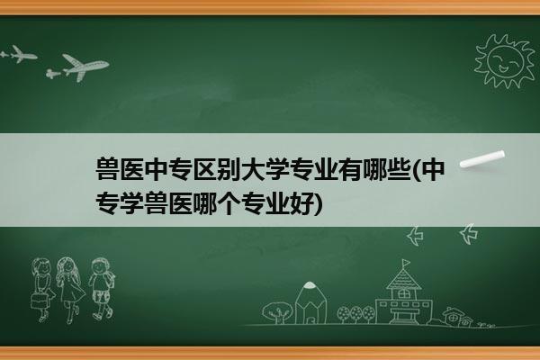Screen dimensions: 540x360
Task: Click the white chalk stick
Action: [x=482, y=159]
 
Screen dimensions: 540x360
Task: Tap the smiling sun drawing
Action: [x=504, y=61]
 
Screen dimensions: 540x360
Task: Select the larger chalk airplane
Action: [x=82, y=67]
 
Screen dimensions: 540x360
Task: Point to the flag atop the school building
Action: [x=406, y=263]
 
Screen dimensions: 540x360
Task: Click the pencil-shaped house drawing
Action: [x=311, y=302]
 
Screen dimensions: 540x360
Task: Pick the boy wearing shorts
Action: [x=102, y=288]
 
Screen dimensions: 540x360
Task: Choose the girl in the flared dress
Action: [x=70, y=290]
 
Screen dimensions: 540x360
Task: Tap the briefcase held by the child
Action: [x=39, y=301]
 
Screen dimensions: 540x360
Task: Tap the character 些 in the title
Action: [x=400, y=169]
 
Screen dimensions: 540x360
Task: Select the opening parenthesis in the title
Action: [x=417, y=169]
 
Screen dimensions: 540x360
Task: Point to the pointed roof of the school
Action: [x=403, y=279]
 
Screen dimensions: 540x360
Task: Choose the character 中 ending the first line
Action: [x=433, y=169]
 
